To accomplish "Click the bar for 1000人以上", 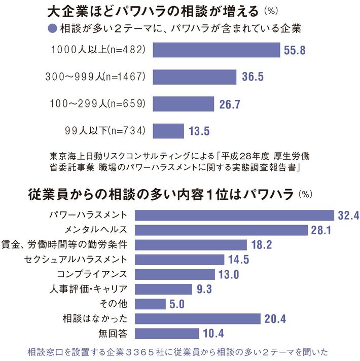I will coord(217,50).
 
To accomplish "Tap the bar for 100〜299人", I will coord(184,104).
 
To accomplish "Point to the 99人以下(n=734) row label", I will coord(98,131).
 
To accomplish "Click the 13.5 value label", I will coord(199,131).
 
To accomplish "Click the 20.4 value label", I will coord(276,318).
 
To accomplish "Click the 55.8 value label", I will coord(295,50).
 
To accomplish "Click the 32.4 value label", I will coord(348,215).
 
